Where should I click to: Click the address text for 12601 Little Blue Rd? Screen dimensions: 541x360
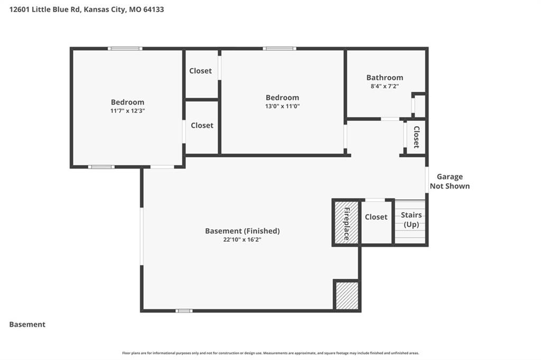[87, 10]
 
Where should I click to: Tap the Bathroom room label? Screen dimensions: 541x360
[385, 78]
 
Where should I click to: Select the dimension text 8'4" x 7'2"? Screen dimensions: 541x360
[385, 86]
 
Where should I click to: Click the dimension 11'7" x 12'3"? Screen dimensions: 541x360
[128, 111]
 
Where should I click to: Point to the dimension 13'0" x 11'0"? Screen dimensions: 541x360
[282, 106]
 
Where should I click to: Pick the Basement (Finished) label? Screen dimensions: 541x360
[242, 231]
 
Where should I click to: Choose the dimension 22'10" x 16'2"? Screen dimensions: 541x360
[242, 240]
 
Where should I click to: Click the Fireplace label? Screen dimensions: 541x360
[347, 223]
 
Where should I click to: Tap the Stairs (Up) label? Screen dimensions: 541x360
[411, 220]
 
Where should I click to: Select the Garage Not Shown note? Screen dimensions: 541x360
[450, 182]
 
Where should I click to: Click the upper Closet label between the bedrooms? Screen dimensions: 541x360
[200, 71]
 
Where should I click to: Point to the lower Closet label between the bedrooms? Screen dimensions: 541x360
[202, 126]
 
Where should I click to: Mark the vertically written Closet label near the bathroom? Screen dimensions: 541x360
[416, 137]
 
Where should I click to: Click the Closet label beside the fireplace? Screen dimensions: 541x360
[376, 217]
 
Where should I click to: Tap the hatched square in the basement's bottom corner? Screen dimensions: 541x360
[347, 296]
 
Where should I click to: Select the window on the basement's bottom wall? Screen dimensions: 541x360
[184, 311]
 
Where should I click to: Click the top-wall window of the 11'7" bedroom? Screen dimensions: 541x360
[125, 49]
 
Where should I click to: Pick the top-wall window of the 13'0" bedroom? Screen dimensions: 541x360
[279, 49]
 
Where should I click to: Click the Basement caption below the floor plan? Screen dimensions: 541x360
[27, 325]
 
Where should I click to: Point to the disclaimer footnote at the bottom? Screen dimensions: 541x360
[270, 353]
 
